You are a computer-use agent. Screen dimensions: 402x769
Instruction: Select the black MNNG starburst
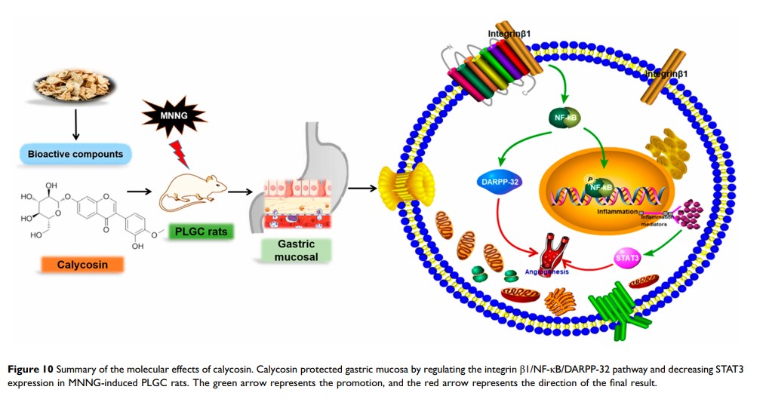pyautogui.click(x=174, y=116)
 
